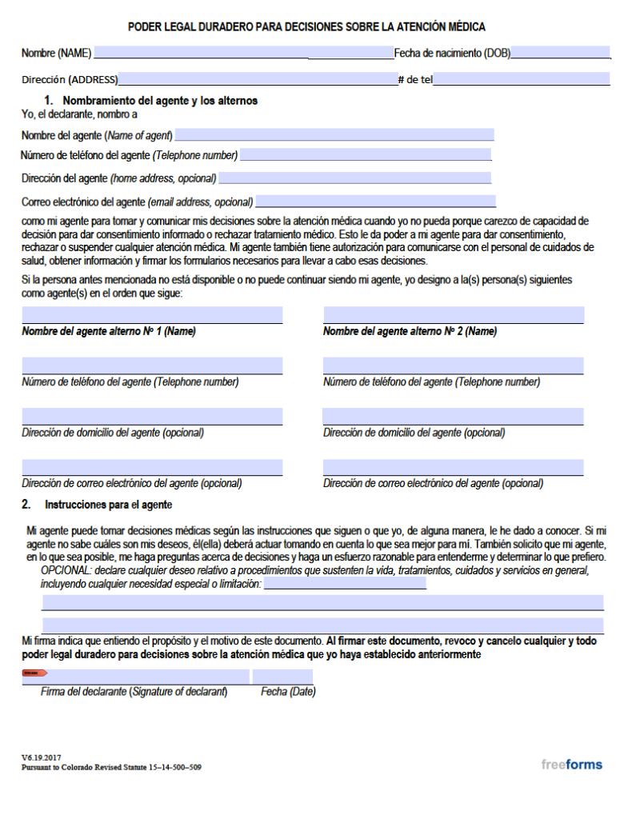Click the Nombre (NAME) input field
pyautogui.click(x=200, y=54)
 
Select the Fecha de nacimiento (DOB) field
pyautogui.click(x=560, y=54)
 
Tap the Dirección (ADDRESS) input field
pyautogui.click(x=256, y=79)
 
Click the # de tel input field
pyautogui.click(x=521, y=79)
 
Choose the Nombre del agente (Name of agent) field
pyautogui.click(x=334, y=135)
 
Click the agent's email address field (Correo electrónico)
pyautogui.click(x=375, y=202)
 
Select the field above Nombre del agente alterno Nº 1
pyautogui.click(x=152, y=315)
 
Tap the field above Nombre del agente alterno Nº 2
pyautogui.click(x=453, y=315)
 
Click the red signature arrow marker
pyautogui.click(x=34, y=673)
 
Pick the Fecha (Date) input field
pyautogui.click(x=282, y=677)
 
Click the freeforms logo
pyautogui.click(x=571, y=764)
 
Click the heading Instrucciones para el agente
pyautogui.click(x=108, y=505)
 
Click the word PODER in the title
pyautogui.click(x=145, y=27)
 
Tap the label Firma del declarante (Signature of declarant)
pyautogui.click(x=134, y=692)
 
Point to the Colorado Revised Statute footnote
pyautogui.click(x=111, y=767)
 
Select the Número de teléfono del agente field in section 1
pyautogui.click(x=365, y=155)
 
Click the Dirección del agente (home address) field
pyautogui.click(x=354, y=178)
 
